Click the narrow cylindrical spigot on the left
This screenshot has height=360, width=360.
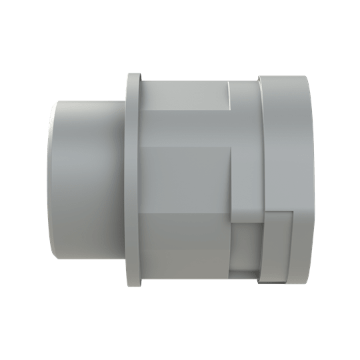click(x=87, y=180)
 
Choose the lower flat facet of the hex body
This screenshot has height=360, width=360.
click(x=187, y=247)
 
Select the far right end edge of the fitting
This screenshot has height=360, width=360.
click(x=310, y=180)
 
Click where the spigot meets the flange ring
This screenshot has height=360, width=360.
click(x=125, y=180)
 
